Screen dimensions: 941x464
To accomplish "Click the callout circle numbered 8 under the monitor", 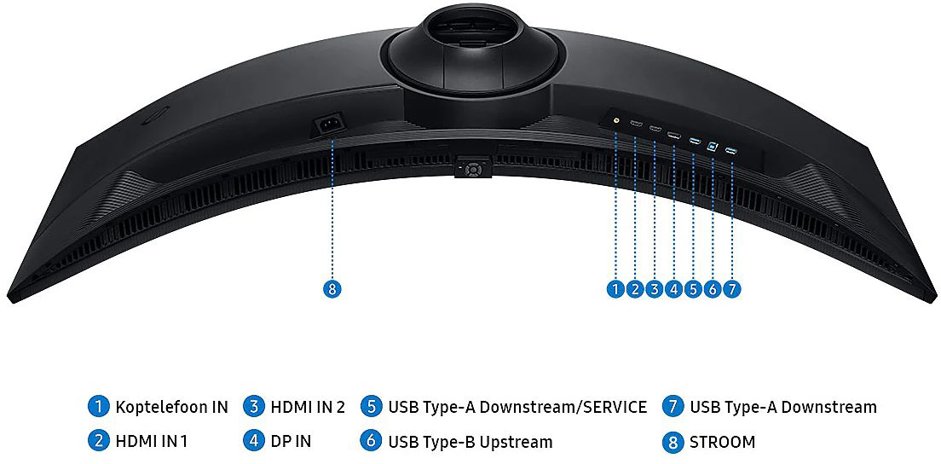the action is (x=332, y=289).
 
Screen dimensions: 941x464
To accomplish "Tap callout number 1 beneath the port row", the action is (x=615, y=289).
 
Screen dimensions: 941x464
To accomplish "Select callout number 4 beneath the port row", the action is (x=673, y=289).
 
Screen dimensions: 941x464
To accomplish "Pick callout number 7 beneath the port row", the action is (x=731, y=289).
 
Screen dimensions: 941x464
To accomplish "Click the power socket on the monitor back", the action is (x=331, y=125).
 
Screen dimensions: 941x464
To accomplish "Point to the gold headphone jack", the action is (x=616, y=119).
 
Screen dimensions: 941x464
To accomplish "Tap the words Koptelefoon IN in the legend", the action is (x=171, y=407).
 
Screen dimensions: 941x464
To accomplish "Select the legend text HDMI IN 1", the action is (x=151, y=442).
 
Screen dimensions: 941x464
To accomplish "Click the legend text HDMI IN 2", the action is (x=308, y=407).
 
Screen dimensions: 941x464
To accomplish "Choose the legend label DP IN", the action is (x=291, y=442).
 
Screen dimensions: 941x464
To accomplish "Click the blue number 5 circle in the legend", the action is (x=372, y=407).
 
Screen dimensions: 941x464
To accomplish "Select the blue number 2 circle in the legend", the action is (x=98, y=442).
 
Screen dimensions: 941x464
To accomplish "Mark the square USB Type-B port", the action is (x=713, y=145).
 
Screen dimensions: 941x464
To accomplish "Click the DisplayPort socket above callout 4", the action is (x=674, y=135).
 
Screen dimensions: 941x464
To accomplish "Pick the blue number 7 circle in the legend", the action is (x=673, y=407).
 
